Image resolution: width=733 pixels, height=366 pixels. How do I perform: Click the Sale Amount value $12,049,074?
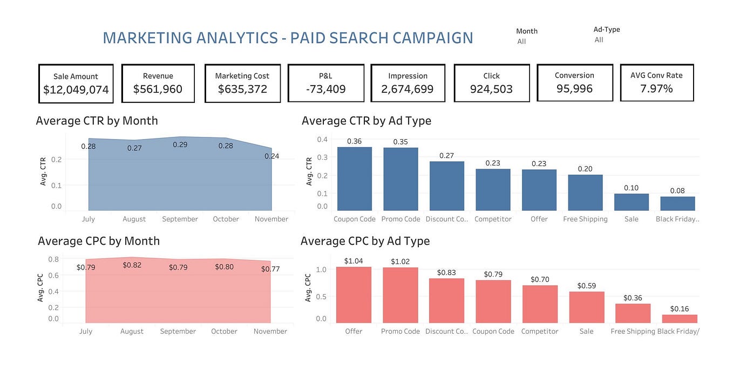click(76, 90)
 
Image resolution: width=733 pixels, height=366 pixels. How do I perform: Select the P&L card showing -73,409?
click(325, 83)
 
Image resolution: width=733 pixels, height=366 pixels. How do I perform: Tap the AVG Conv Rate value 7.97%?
click(656, 89)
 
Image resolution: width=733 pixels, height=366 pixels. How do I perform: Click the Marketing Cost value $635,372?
click(242, 89)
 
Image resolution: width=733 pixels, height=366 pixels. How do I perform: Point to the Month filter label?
click(526, 31)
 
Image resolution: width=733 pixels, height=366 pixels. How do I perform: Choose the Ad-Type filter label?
click(606, 30)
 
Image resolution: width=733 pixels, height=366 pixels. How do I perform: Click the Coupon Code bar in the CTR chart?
click(355, 179)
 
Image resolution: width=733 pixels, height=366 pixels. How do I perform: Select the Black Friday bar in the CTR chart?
click(677, 203)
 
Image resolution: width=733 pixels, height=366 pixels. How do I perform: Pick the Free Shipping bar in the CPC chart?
click(633, 313)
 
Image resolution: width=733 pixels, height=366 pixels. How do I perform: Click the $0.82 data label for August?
click(132, 265)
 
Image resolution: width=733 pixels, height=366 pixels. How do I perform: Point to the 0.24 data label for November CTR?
click(272, 156)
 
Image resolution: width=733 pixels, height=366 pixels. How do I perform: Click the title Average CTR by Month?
click(97, 121)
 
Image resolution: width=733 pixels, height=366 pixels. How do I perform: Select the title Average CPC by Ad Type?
click(365, 241)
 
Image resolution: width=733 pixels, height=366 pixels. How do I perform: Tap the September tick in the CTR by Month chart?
click(180, 219)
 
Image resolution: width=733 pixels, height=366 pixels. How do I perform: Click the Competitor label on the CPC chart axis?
click(539, 332)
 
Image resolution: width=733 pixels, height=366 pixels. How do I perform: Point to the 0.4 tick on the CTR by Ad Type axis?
click(322, 140)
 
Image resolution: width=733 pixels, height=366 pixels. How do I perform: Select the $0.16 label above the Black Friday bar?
click(679, 309)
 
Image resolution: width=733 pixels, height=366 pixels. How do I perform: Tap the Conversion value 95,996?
click(574, 89)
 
